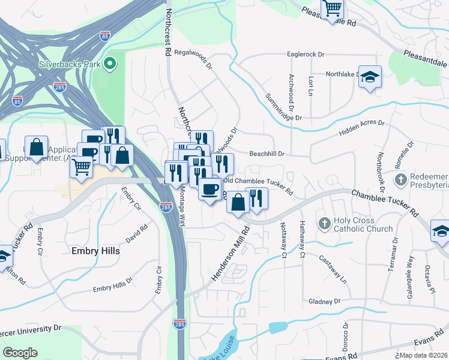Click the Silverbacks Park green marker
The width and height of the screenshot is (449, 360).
coord(110,63)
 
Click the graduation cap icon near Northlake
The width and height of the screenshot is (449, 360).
coord(370,77)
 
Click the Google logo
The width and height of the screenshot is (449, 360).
coord(20,353)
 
